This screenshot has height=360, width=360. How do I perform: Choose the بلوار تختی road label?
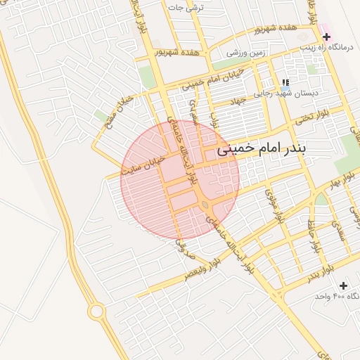(x=310, y=117)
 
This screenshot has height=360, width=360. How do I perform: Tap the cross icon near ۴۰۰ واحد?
(x=343, y=285)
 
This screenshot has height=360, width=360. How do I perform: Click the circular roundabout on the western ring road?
(x=96, y=311)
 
